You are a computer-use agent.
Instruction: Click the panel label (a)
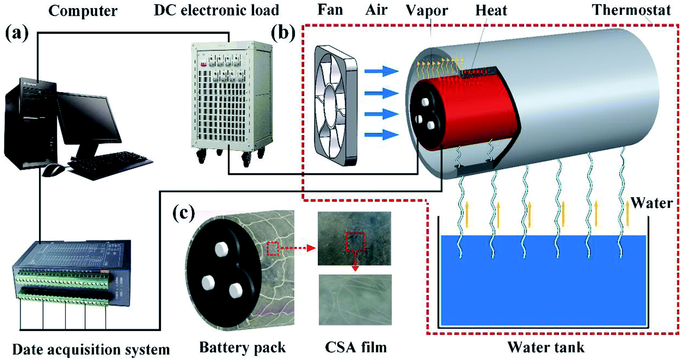click(17, 33)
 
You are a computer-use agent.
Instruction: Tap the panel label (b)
click(283, 33)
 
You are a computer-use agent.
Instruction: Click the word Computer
click(83, 11)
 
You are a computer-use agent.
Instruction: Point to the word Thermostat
click(631, 10)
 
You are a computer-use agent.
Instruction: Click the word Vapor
click(427, 11)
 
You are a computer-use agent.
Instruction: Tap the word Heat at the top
click(491, 11)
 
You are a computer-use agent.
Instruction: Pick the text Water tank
click(546, 347)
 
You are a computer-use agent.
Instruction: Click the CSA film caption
click(356, 347)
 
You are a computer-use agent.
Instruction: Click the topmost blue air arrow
click(381, 71)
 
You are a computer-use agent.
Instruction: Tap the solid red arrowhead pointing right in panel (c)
click(312, 248)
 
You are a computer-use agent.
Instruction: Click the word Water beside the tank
click(652, 203)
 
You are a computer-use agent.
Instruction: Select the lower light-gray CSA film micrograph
click(355, 300)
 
